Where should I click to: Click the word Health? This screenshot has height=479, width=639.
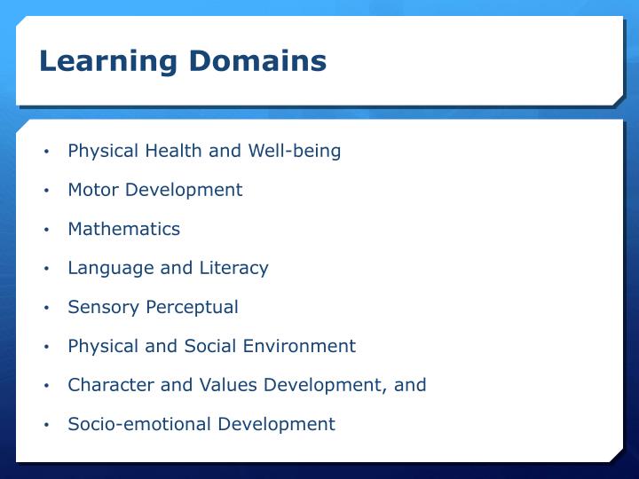coord(172,151)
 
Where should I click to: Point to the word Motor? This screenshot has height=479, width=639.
coord(93,190)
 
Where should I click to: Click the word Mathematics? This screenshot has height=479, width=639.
coord(123,229)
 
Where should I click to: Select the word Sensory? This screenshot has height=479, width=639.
coord(99,307)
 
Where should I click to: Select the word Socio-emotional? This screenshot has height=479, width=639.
coord(133,424)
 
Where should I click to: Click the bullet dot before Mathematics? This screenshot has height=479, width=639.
coord(45,230)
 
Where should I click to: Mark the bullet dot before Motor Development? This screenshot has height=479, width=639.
coord(45,191)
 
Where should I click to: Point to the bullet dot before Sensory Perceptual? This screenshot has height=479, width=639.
coord(45,308)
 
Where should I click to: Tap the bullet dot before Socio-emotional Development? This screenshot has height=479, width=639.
coord(45,425)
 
